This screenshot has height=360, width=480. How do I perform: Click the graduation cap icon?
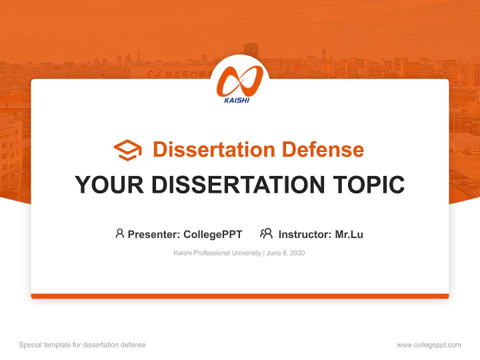[x=127, y=150]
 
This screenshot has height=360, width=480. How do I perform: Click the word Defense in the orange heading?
[x=322, y=149]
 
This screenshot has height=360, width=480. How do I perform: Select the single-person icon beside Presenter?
[x=119, y=233]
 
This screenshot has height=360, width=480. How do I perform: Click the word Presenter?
[x=154, y=234]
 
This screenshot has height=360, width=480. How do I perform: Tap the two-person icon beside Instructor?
[x=266, y=233]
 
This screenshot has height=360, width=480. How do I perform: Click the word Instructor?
[x=305, y=234]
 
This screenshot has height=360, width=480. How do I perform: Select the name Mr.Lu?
[x=349, y=234]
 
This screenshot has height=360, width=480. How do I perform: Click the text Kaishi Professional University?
[x=217, y=253]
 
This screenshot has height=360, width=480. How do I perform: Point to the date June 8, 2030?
[x=285, y=253]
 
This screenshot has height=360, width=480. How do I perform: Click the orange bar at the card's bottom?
[x=239, y=296]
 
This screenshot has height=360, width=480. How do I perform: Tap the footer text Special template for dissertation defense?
[x=82, y=345]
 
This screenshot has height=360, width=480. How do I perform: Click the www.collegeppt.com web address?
[x=428, y=345]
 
